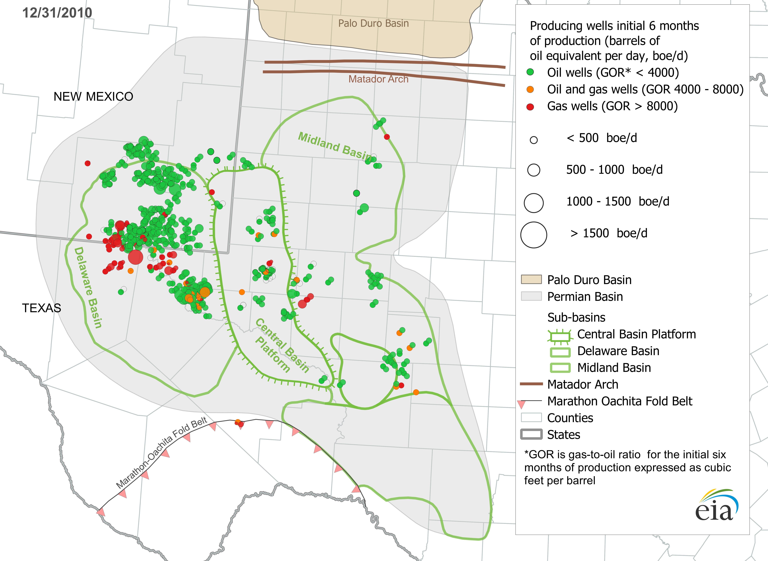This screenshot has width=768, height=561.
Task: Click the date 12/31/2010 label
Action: click(57, 13)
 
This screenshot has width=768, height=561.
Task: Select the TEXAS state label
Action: click(41, 308)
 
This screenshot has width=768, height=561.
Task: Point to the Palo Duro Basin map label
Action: click(373, 23)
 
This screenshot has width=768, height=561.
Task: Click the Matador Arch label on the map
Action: click(378, 79)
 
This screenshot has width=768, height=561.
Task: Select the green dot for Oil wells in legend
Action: click(530, 72)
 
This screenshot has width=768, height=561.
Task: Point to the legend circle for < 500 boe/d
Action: click(534, 140)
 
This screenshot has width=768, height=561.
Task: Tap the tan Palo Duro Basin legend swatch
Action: click(531, 280)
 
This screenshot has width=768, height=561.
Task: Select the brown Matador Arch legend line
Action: click(531, 384)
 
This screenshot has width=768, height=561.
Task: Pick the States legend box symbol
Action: click(531, 434)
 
